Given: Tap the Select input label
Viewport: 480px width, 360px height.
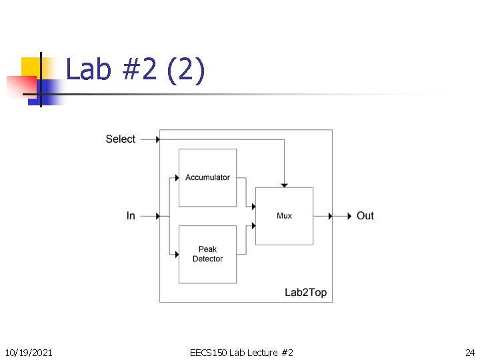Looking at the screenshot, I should coord(120,139).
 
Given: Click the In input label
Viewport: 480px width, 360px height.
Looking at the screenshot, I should coord(131,216).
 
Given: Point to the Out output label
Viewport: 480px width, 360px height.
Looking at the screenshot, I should coord(365,216).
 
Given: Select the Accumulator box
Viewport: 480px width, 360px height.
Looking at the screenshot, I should coord(207,177).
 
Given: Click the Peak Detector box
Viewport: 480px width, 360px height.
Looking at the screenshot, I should coord(207,254).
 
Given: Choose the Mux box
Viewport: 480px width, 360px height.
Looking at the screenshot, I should coord(284,216).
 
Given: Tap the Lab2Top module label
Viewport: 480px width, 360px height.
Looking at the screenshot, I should coord(305,293).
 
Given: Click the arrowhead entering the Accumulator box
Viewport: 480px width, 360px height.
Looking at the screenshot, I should coord(177,177).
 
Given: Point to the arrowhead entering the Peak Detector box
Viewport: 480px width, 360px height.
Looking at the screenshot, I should coord(177,254).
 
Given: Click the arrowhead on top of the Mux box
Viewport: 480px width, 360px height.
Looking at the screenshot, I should coord(284,185).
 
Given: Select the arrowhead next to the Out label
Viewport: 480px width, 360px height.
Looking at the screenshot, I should coord(349,216).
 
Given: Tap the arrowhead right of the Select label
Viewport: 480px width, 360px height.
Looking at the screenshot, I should coord(158,139).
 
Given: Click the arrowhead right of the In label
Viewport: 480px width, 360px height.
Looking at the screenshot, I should coord(158,216).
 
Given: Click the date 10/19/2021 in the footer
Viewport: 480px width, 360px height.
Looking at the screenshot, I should coord(29,352).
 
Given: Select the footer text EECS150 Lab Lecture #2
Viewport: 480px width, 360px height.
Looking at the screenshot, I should coord(241,352).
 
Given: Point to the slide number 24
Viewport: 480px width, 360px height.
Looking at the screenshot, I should coord(469,352).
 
